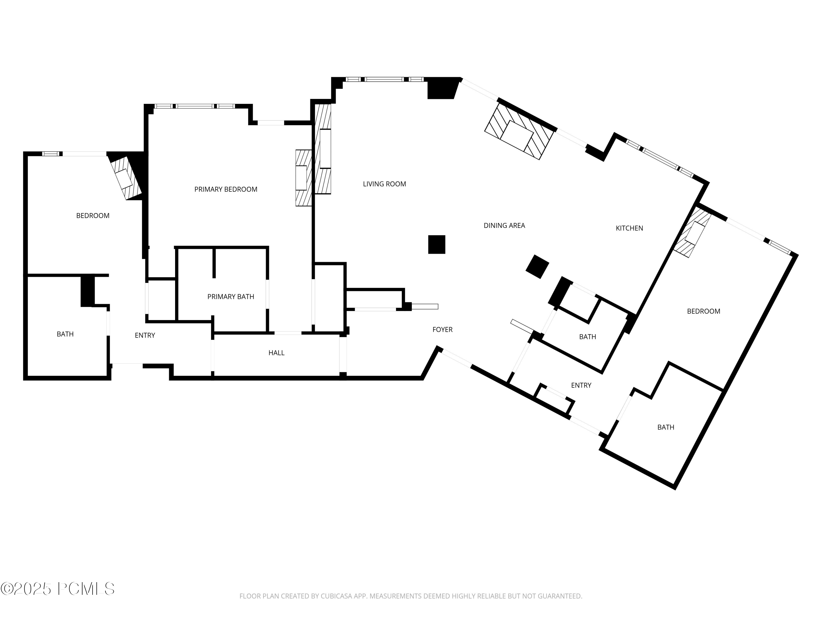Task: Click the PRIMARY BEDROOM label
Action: click(x=226, y=189)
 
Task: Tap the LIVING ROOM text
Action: click(x=384, y=184)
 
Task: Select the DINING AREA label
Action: click(x=504, y=225)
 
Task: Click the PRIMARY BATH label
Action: click(x=230, y=296)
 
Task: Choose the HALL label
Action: click(x=276, y=353)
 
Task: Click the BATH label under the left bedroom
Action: click(x=65, y=334)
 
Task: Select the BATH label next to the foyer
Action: click(x=587, y=336)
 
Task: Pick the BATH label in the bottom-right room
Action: click(x=666, y=427)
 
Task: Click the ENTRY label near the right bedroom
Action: click(x=581, y=385)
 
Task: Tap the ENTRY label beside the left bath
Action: click(x=145, y=335)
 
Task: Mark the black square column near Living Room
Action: click(x=437, y=244)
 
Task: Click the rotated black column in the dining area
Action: click(x=537, y=267)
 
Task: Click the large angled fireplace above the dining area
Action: click(x=519, y=131)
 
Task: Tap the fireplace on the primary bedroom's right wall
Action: click(x=303, y=178)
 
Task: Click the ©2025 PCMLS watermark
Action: click(x=58, y=589)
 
